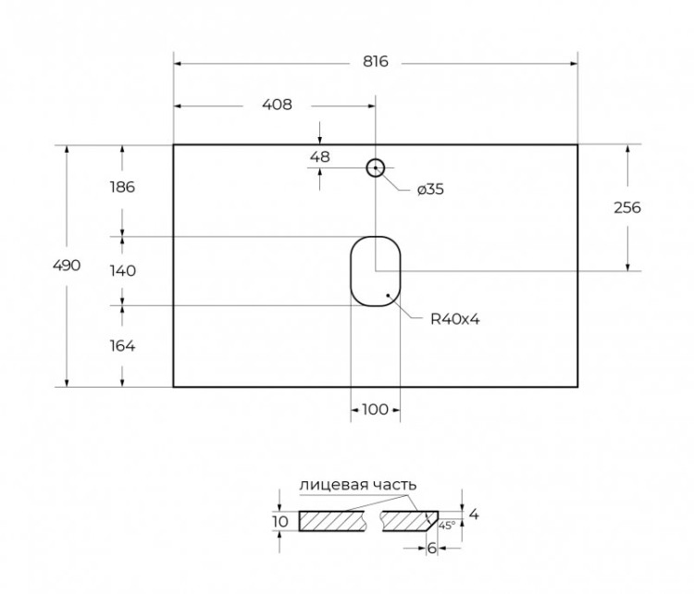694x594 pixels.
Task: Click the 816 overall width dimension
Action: tap(375, 62)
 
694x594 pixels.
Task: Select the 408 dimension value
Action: tap(277, 105)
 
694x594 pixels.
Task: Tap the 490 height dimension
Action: tap(68, 266)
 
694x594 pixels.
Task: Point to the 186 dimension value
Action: tap(121, 187)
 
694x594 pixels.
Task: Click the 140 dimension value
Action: tap(121, 271)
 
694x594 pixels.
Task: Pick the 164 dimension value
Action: tap(121, 346)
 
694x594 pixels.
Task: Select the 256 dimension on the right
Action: tap(627, 207)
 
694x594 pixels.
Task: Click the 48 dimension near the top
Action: tap(319, 157)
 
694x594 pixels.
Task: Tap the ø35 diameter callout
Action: tap(430, 190)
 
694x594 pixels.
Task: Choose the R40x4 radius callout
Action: tap(454, 319)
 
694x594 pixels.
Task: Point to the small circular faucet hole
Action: tap(375, 167)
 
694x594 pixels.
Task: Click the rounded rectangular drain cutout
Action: tap(375, 270)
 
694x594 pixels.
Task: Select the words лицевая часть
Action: tap(357, 485)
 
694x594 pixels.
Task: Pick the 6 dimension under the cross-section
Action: tap(431, 548)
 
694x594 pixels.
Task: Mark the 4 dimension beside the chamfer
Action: tap(473, 514)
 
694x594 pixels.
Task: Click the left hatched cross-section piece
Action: tap(335, 521)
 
